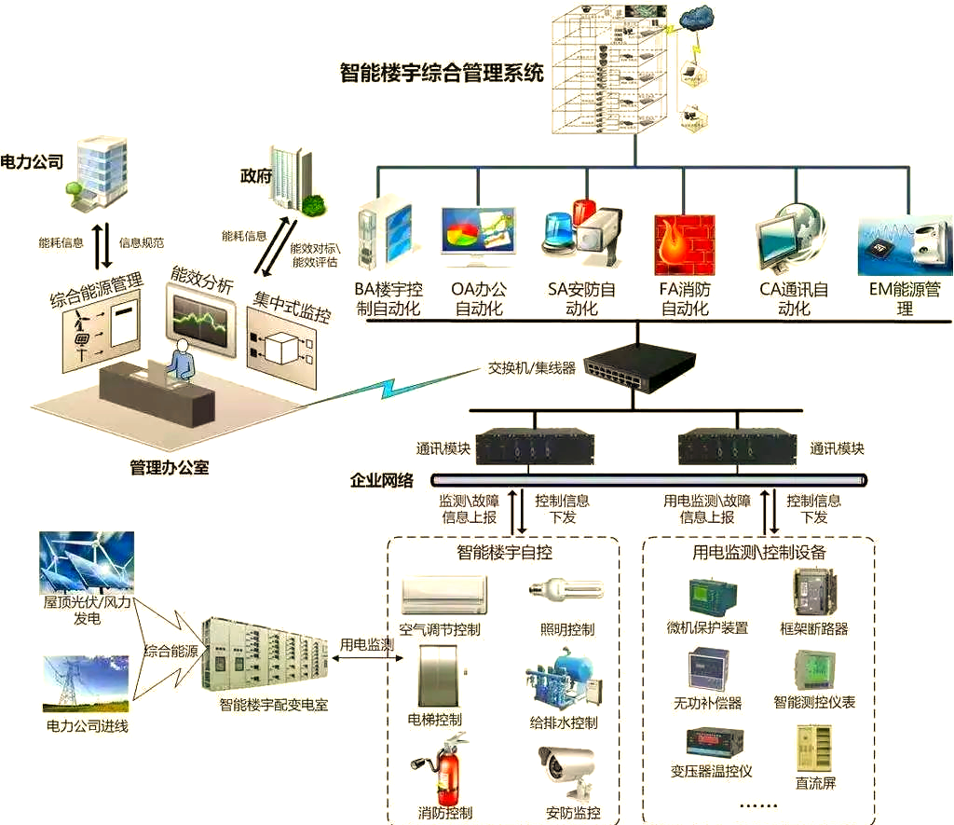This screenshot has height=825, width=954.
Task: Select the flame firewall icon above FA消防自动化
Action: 684,244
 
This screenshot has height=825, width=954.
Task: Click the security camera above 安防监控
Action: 566,770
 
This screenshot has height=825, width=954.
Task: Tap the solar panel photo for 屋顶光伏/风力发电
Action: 87,561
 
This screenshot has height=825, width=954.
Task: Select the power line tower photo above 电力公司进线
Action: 87,684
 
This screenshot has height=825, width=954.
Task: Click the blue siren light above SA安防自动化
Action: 562,232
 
